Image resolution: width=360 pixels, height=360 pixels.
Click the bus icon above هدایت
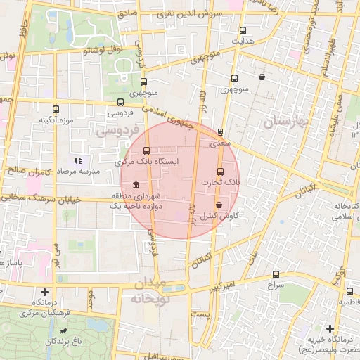pos(243,30)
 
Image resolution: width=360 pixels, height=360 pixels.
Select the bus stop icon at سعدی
pos(220,131)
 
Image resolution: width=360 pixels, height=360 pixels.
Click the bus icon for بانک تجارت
pos(220,172)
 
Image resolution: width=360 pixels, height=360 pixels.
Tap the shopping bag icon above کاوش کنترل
pos(219,205)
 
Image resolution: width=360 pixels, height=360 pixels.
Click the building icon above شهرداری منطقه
pos(135,184)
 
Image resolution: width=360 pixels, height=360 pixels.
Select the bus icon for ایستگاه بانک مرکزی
pos(146,150)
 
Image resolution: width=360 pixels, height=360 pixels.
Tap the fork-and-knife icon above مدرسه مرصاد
pos(78,161)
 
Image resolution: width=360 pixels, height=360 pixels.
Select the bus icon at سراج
pos(276,275)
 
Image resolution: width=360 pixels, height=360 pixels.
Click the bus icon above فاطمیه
pos(349,291)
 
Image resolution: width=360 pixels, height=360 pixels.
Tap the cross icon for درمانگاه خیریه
pos(330,328)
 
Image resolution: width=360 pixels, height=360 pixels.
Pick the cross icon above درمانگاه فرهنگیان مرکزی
pos(46,292)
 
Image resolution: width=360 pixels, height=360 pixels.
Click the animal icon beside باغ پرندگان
pos(65,330)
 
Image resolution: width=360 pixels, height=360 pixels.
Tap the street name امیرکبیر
pos(224,285)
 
